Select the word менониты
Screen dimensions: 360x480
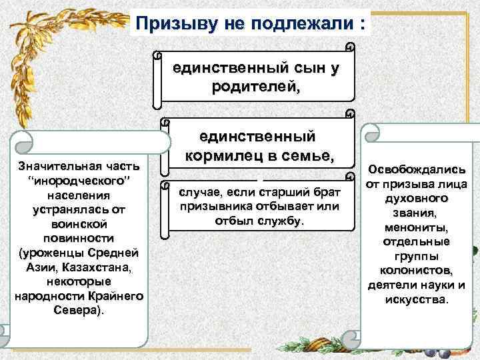click(x=417, y=227)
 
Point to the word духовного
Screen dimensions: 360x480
click(x=417, y=199)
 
